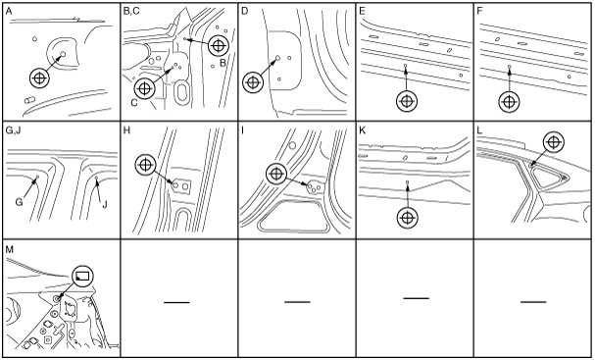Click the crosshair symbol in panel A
(x=40, y=78)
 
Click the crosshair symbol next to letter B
(x=219, y=46)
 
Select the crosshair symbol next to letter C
(x=144, y=88)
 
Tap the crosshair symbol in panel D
(x=253, y=82)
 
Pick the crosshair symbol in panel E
(x=407, y=101)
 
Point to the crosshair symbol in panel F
(x=509, y=102)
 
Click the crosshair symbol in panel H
(x=145, y=165)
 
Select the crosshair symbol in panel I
(x=276, y=174)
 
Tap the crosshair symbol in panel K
(x=407, y=218)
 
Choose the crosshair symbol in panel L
(x=554, y=142)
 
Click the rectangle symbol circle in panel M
(x=82, y=276)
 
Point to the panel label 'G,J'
(x=14, y=131)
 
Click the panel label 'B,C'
(x=131, y=11)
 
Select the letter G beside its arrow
(x=19, y=202)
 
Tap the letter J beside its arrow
(x=105, y=204)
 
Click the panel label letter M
(x=10, y=249)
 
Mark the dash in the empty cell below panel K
(x=417, y=298)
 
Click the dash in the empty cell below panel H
(x=176, y=302)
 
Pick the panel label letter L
(x=479, y=130)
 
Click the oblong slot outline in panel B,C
(x=182, y=91)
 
